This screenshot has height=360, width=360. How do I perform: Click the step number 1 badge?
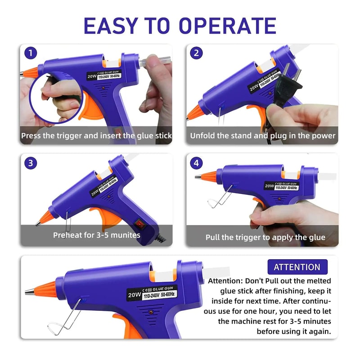[31, 54]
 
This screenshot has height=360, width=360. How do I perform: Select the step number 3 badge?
[31, 163]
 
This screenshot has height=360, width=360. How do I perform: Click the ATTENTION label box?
[297, 267]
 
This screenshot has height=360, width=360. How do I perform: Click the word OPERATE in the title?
[227, 26]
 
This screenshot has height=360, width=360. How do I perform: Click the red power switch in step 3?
[140, 223]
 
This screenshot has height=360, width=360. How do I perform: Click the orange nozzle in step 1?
[31, 72]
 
